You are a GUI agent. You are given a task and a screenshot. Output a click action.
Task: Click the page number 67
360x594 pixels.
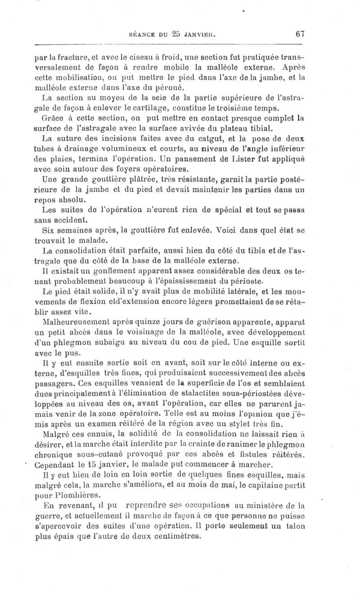pos(301,33)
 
